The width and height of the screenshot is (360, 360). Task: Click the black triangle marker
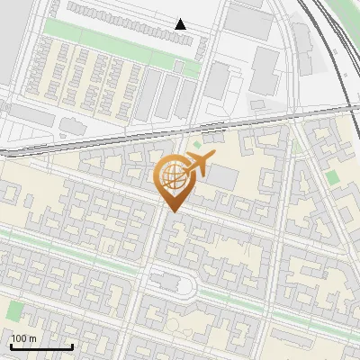point(181,24)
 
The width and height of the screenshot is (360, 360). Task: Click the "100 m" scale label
point(22,338)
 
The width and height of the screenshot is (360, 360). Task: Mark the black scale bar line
point(40,346)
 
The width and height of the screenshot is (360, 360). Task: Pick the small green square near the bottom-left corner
point(14,311)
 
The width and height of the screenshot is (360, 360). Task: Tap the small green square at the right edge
point(333,178)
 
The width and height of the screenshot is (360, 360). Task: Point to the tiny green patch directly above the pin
point(197,144)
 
